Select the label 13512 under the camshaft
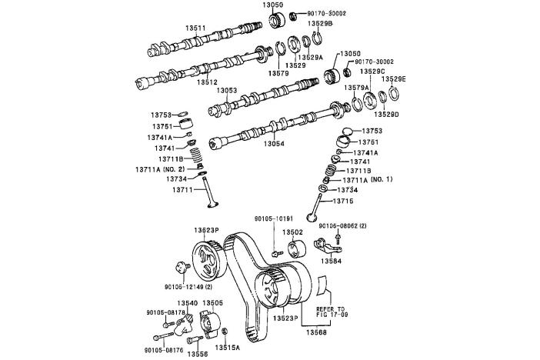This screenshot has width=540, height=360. click(x=207, y=82)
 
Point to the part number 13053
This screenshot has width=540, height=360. click(x=227, y=90)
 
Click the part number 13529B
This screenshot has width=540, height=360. click(x=320, y=24)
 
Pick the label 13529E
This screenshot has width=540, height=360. click(x=395, y=79)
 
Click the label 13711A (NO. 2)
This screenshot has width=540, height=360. click(x=161, y=168)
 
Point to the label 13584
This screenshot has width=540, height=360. click(x=332, y=262)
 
